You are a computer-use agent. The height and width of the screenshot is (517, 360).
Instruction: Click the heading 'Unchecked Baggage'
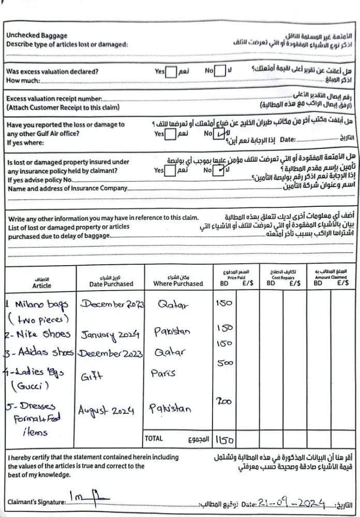point(36,36)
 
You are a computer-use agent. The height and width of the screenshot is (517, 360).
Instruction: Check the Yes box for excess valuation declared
point(171,71)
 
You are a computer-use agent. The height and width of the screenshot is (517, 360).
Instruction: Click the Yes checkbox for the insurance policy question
point(170,170)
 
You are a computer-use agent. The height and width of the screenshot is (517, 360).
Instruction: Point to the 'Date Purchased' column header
point(111,283)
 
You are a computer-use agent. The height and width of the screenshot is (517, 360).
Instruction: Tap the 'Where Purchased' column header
point(178,283)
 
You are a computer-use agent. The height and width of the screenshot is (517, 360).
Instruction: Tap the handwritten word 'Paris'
point(163,372)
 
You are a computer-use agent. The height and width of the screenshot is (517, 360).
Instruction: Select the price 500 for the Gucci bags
point(226,364)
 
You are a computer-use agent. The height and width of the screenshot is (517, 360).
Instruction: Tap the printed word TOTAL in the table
point(154,438)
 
